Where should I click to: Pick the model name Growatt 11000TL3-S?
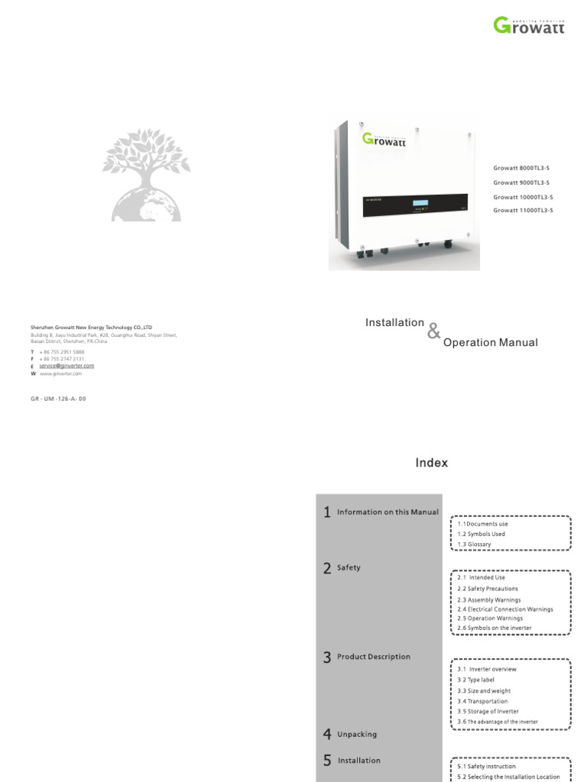click(x=523, y=209)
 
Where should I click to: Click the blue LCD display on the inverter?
click(x=420, y=203)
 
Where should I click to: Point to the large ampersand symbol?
click(x=434, y=331)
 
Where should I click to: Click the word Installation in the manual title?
click(x=394, y=323)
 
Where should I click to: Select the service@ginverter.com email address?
click(x=66, y=366)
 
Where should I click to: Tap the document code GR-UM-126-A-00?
click(x=58, y=399)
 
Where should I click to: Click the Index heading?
click(x=432, y=463)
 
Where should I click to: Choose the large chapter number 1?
click(x=327, y=512)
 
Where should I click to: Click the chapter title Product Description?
click(x=373, y=657)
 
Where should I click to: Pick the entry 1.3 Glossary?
click(x=474, y=544)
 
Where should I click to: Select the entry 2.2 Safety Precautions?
click(x=487, y=589)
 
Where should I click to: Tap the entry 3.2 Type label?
click(x=476, y=680)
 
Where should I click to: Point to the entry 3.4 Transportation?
click(x=482, y=701)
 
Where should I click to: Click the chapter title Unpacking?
click(x=356, y=735)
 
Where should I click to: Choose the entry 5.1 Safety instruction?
click(x=486, y=766)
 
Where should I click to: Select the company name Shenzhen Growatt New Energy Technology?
click(x=91, y=327)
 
